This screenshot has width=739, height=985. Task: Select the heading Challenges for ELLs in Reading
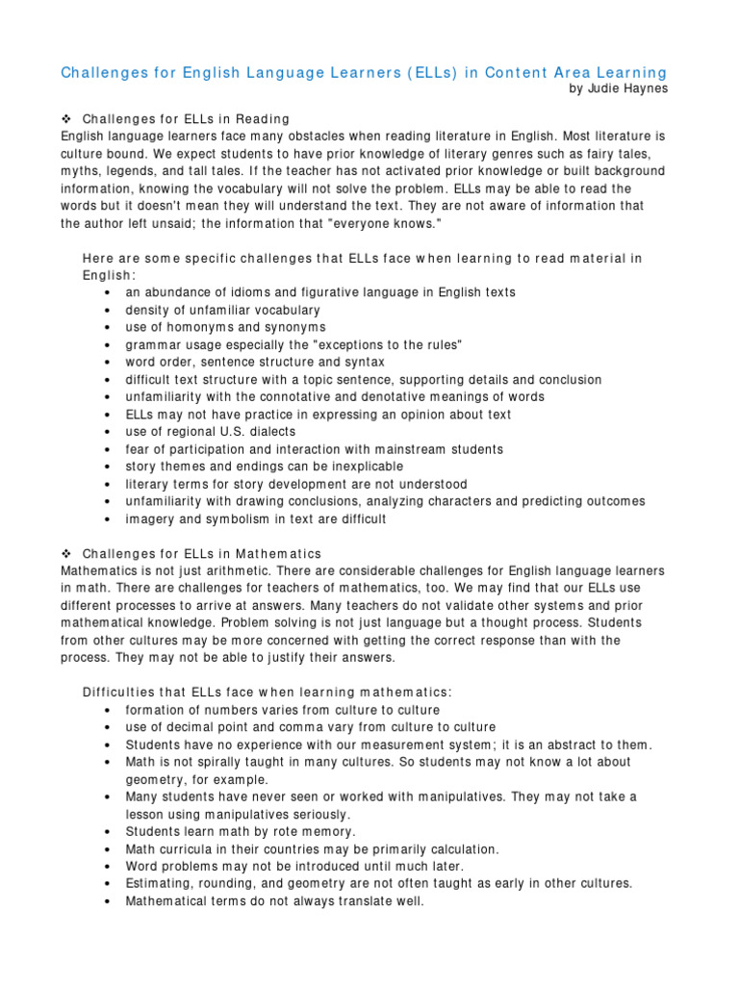tap(186, 119)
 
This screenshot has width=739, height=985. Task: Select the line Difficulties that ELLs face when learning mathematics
tap(267, 693)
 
